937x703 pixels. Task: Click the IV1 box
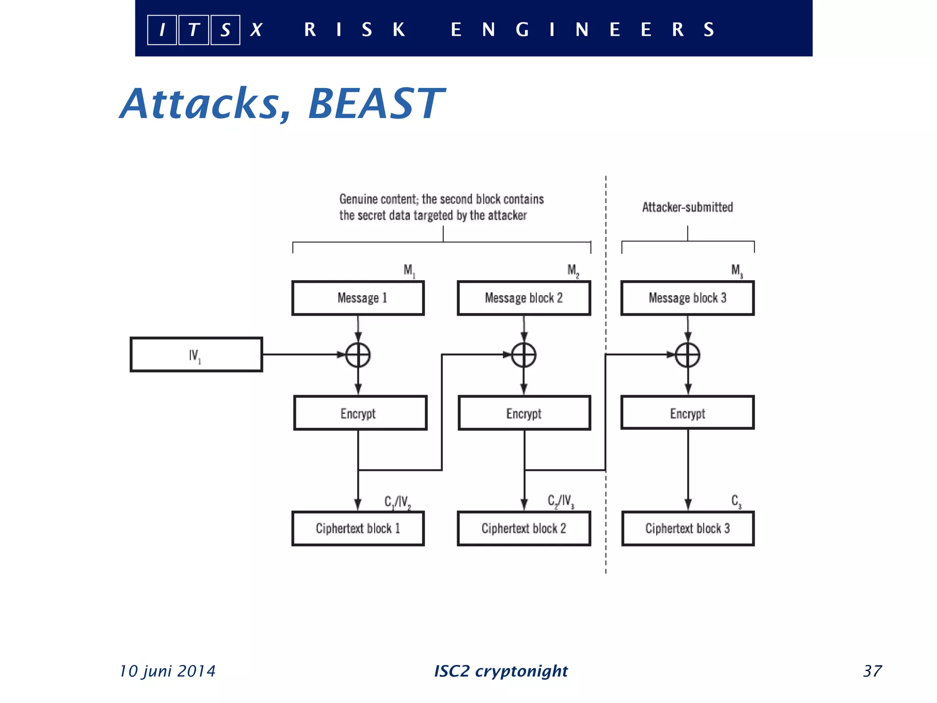[196, 355]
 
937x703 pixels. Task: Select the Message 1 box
[358, 298]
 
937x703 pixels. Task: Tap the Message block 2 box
[524, 298]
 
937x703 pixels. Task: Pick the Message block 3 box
[687, 298]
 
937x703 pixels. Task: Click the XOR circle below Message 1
[358, 355]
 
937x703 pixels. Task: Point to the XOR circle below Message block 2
[524, 355]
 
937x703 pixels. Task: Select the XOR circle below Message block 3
[688, 355]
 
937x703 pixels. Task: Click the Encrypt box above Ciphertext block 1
[360, 413]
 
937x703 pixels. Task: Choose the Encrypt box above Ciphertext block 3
[687, 413]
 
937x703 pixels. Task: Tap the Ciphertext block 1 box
[358, 529]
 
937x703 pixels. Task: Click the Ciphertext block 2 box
[524, 529]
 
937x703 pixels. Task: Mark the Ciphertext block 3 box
[688, 529]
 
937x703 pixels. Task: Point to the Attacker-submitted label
[687, 207]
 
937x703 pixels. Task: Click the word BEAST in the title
[376, 104]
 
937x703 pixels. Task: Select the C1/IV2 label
[397, 502]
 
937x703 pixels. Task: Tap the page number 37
[872, 671]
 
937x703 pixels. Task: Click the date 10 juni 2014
[167, 671]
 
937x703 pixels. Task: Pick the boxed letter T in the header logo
[194, 30]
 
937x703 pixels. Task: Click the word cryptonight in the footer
[521, 671]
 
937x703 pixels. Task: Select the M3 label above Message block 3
[737, 270]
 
